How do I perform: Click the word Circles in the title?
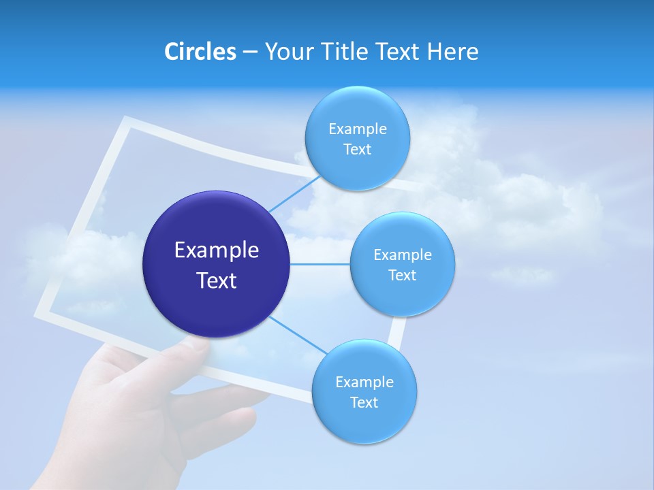tap(200, 52)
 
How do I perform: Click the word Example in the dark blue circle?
tap(217, 250)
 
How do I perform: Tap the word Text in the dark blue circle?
tap(217, 280)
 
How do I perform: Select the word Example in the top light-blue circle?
tap(358, 129)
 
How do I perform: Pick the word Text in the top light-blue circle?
tap(357, 150)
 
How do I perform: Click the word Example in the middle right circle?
tap(403, 255)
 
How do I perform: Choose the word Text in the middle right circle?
tap(402, 276)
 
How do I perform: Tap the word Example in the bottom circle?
tap(364, 382)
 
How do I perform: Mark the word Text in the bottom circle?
tap(364, 403)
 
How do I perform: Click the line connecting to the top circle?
tap(294, 193)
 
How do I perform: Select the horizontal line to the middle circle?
tap(320, 264)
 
